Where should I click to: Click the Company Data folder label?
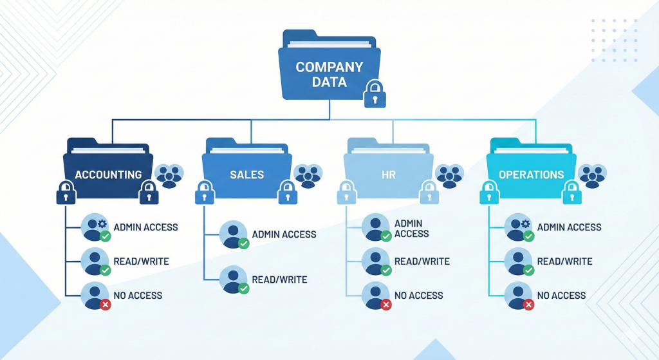[x=329, y=74]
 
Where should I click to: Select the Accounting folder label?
[x=108, y=175]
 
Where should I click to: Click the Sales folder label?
[x=247, y=175]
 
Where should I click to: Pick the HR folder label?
[x=389, y=175]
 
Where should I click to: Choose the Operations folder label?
[x=531, y=175]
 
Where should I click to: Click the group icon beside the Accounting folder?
[x=169, y=175]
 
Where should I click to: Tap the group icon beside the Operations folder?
[x=592, y=175]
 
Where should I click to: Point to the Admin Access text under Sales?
[x=284, y=234]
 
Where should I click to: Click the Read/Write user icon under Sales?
[x=233, y=279]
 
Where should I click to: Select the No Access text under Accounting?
[x=138, y=296]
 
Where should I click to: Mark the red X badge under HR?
[x=386, y=305]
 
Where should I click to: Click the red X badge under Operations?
[x=528, y=305]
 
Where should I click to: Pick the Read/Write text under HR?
[x=422, y=261]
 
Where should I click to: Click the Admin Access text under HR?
[x=412, y=229]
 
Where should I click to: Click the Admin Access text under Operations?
[x=569, y=227]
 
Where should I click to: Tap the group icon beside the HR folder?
[x=450, y=175]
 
